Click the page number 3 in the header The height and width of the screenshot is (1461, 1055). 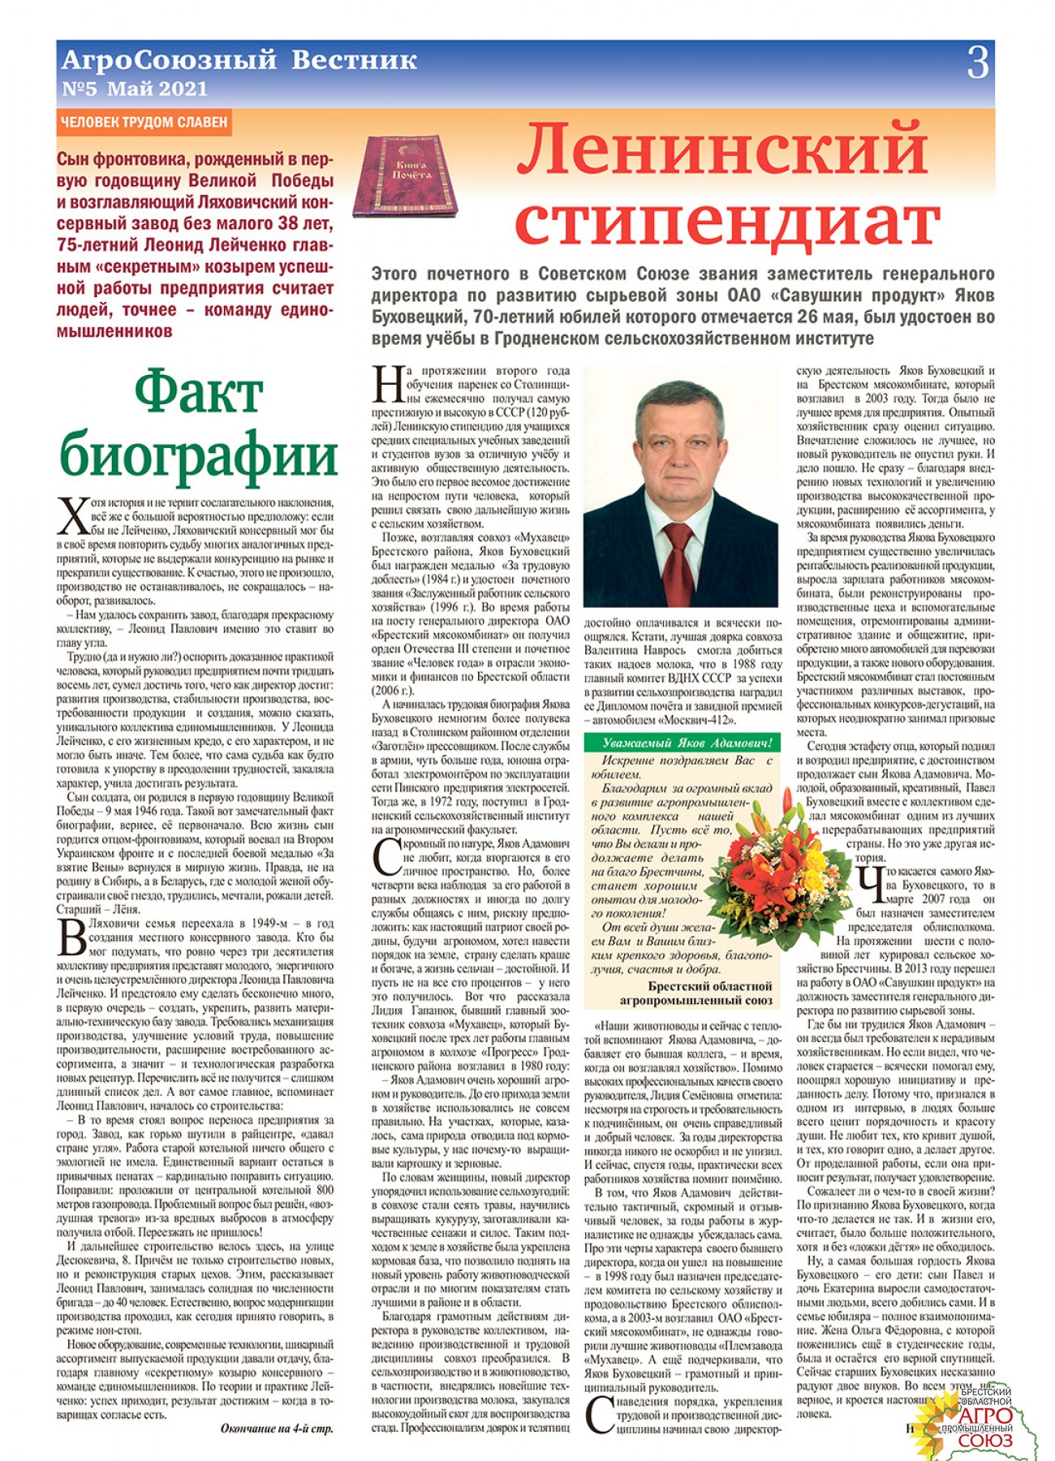pyautogui.click(x=977, y=62)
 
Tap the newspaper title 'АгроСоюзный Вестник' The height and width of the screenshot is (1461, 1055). pyautogui.click(x=239, y=60)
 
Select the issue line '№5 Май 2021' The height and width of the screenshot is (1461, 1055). pyautogui.click(x=135, y=88)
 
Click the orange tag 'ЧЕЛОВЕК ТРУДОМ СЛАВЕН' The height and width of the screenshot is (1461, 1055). pyautogui.click(x=144, y=123)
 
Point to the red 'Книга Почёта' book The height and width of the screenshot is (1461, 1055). pyautogui.click(x=405, y=175)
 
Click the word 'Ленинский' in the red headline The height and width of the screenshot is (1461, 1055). pyautogui.click(x=721, y=149)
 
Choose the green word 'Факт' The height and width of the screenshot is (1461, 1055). pyautogui.click(x=198, y=394)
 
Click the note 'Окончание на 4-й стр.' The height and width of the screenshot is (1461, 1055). pyautogui.click(x=276, y=1429)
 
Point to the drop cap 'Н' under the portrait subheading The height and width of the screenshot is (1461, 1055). pyautogui.click(x=388, y=385)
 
